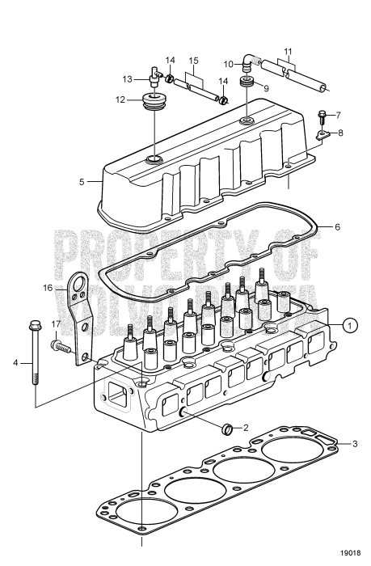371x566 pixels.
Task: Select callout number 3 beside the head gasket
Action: click(353, 443)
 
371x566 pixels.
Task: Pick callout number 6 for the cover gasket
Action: click(348, 227)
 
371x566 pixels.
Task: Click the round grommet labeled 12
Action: click(151, 103)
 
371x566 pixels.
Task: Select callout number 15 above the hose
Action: click(193, 61)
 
